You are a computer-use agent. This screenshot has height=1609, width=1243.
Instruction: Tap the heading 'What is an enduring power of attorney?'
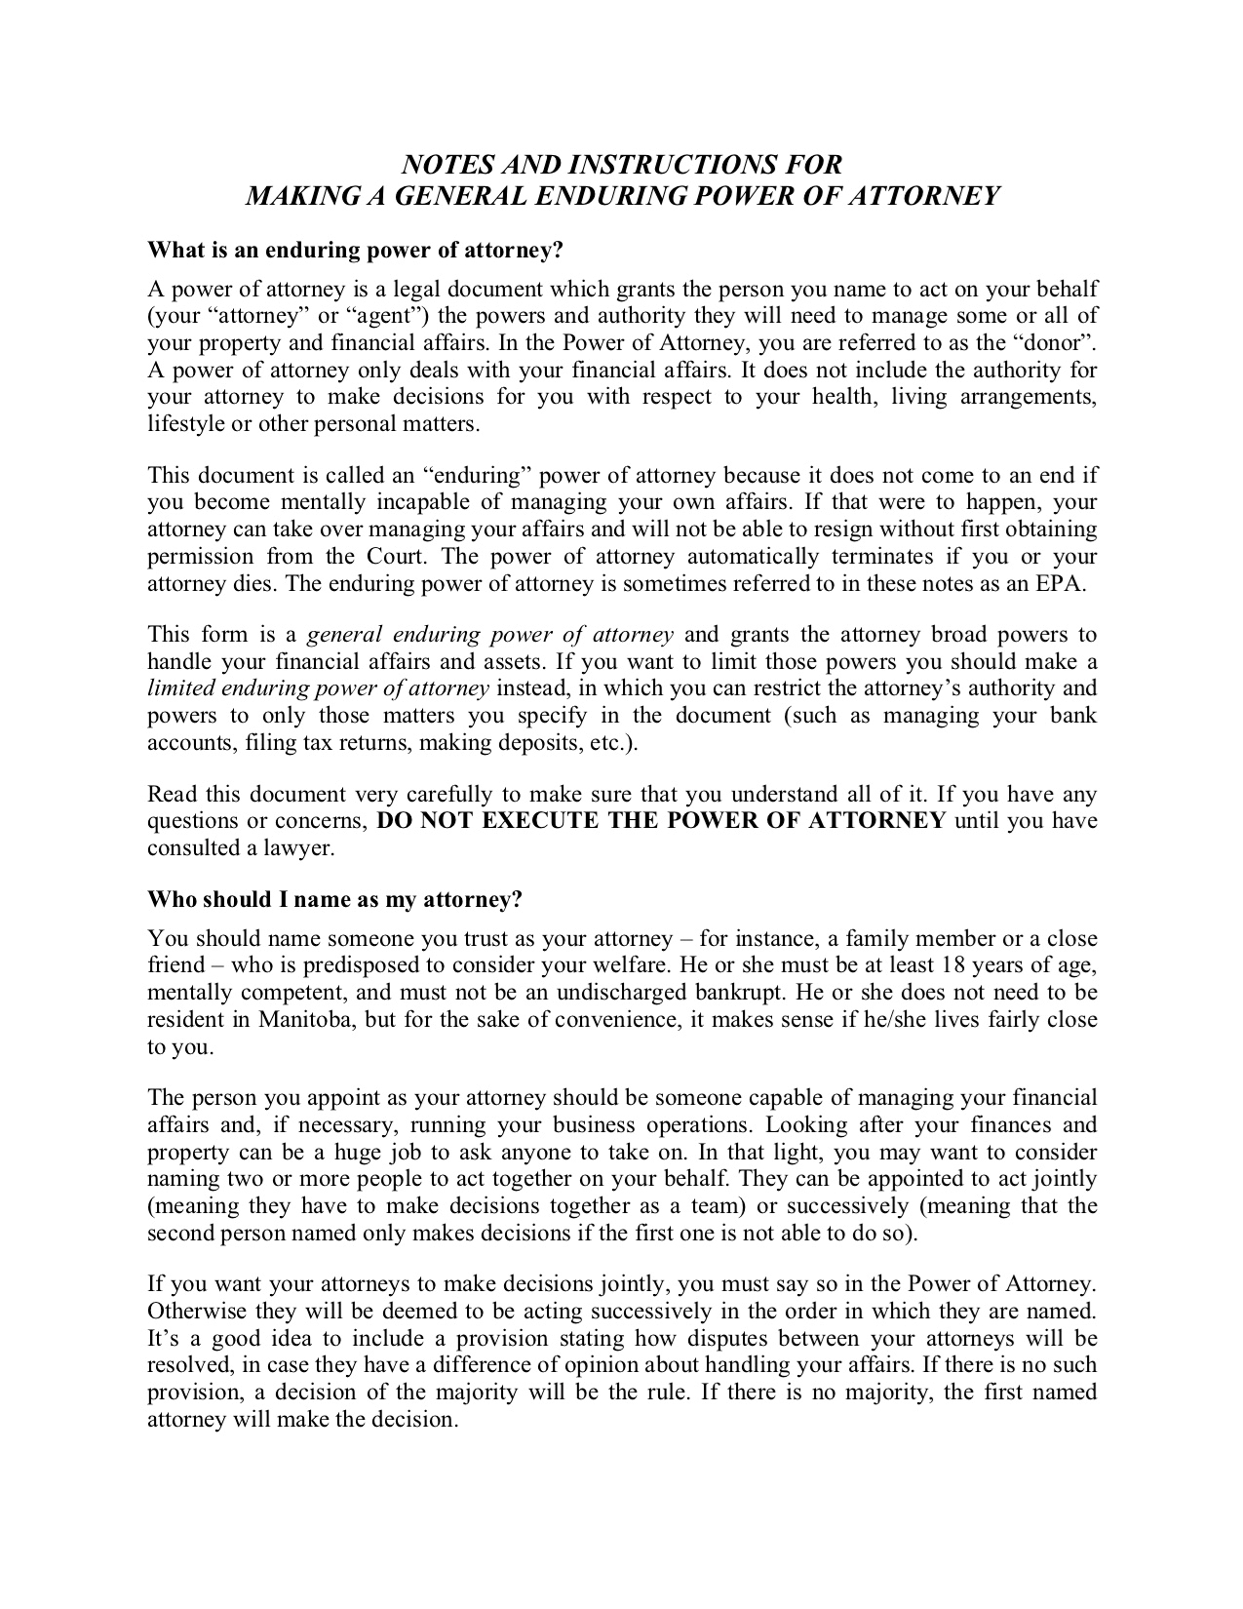(x=356, y=251)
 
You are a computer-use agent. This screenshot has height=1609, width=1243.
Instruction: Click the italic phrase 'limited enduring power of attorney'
(x=318, y=687)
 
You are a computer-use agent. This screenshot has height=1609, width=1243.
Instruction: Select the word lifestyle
(x=185, y=424)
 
